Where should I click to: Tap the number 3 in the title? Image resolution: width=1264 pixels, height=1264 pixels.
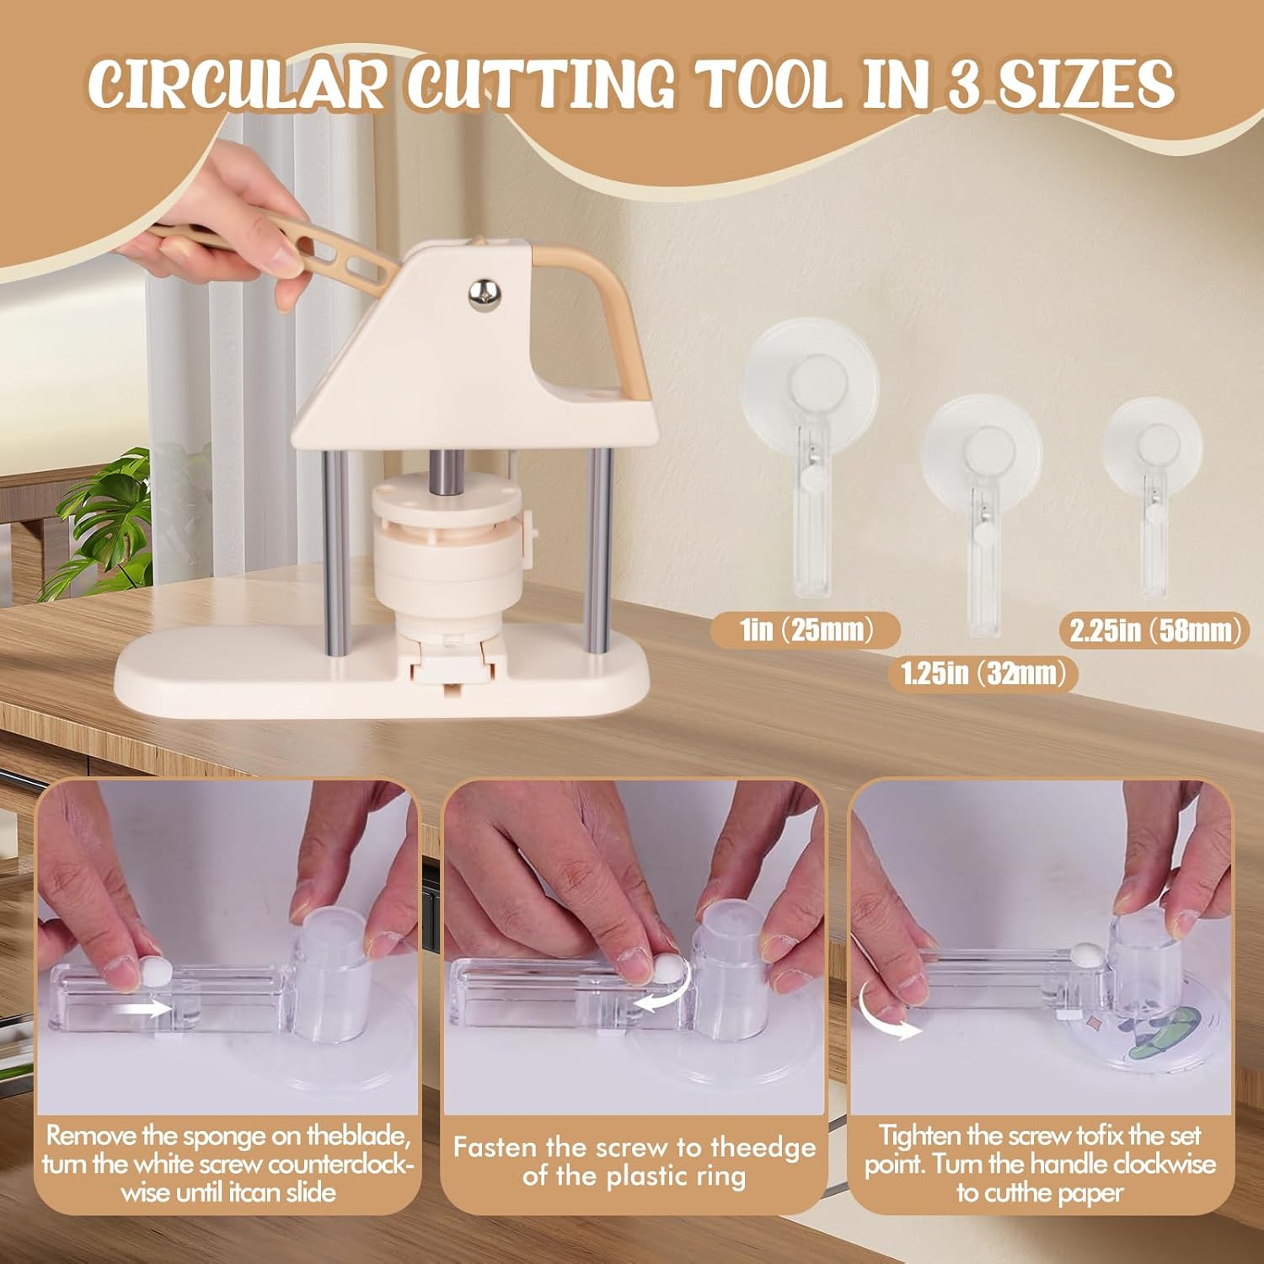pyautogui.click(x=965, y=83)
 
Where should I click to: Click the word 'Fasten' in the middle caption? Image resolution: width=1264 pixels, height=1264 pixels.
pyautogui.click(x=494, y=1148)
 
